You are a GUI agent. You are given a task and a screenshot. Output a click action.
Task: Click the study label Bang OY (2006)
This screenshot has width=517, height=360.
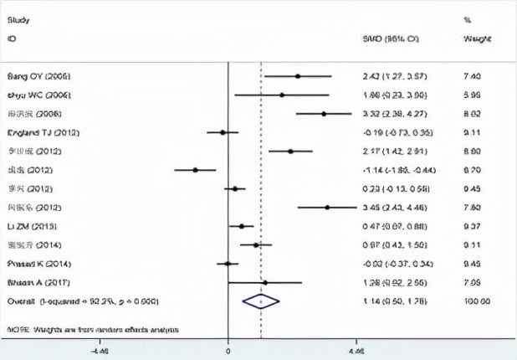tap(33, 76)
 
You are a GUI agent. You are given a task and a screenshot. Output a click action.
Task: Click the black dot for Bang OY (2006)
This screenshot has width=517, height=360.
tap(297, 76)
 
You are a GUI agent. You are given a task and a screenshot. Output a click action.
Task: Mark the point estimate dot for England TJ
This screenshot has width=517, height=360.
tap(223, 132)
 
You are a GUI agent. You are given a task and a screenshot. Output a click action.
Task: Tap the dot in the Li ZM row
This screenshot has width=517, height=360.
tap(242, 226)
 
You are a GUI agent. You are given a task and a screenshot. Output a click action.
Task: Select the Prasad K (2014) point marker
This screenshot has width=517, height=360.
tap(227, 264)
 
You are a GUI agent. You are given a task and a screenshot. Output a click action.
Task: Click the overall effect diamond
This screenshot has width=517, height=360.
tap(260, 301)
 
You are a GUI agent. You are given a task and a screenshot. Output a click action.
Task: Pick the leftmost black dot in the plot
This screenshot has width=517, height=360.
tap(195, 170)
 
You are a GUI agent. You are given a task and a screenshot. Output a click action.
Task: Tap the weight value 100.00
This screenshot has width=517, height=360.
tap(475, 301)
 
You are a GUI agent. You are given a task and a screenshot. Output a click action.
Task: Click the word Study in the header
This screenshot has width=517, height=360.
tap(17, 18)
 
